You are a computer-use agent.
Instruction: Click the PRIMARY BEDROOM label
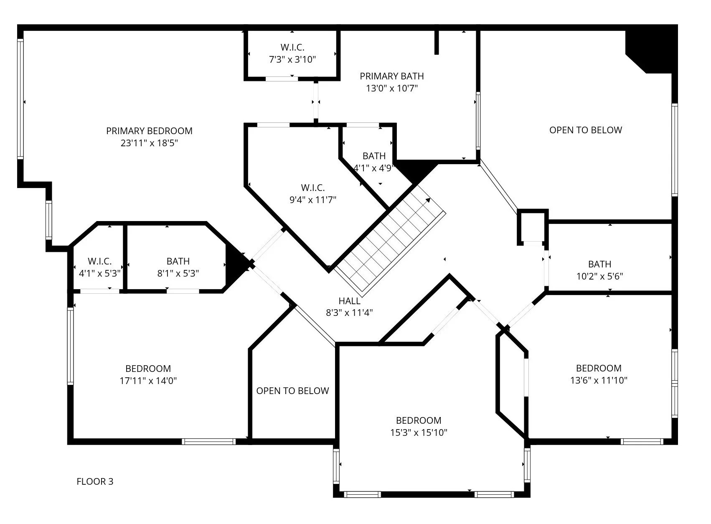click(x=149, y=131)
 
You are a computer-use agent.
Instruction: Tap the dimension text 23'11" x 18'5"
click(x=149, y=143)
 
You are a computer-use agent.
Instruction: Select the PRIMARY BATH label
click(x=391, y=76)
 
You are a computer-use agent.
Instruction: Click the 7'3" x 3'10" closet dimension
click(x=292, y=59)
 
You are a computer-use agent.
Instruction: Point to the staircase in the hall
click(x=391, y=238)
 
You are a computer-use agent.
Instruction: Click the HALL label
click(x=349, y=301)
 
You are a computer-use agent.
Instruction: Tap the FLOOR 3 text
click(x=95, y=481)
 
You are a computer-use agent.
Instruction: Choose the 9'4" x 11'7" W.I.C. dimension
click(x=312, y=200)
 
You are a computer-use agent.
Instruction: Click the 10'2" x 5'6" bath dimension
click(x=599, y=276)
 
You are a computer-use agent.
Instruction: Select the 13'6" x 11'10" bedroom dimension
click(x=599, y=380)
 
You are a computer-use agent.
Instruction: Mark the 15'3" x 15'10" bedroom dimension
click(x=419, y=432)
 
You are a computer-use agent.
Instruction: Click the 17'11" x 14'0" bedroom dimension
click(x=148, y=381)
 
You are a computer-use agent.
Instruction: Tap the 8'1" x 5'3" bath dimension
click(x=178, y=273)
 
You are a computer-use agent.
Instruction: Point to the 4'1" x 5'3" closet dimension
click(x=99, y=273)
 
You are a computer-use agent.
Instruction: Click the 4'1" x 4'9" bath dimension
click(x=374, y=168)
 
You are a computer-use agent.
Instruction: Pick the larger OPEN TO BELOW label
click(x=585, y=130)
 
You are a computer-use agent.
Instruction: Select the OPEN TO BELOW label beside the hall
click(x=292, y=391)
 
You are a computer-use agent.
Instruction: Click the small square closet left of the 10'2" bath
click(x=532, y=227)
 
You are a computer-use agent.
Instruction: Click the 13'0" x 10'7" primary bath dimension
click(x=391, y=88)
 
